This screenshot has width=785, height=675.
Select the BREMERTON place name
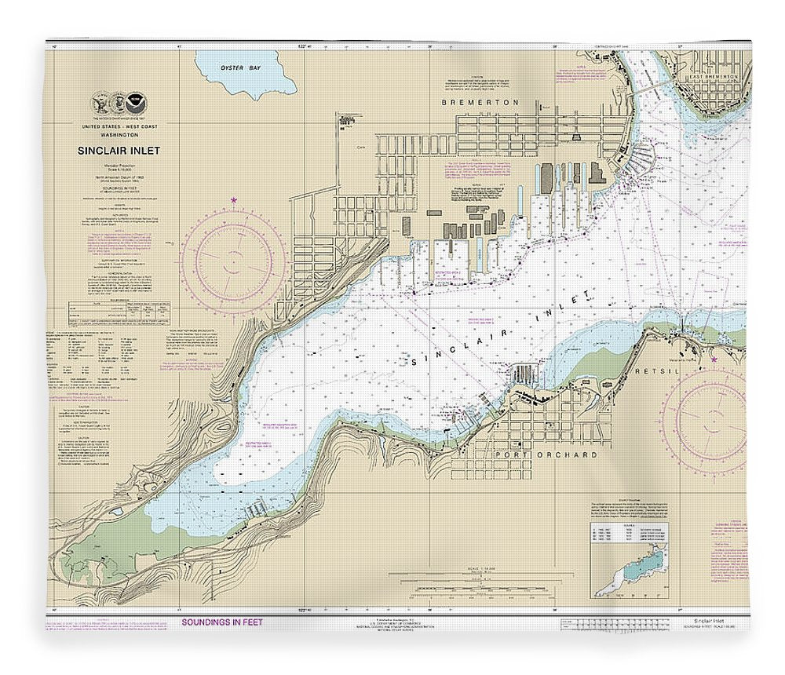pyautogui.click(x=469, y=103)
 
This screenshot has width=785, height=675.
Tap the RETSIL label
pyautogui.click(x=674, y=368)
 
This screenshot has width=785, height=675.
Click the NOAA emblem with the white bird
pyautogui.click(x=139, y=102)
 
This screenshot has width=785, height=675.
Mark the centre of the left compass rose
pyautogui.click(x=233, y=258)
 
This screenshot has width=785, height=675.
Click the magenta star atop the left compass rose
pyautogui.click(x=234, y=202)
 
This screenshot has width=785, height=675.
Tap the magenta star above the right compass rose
pyautogui.click(x=715, y=360)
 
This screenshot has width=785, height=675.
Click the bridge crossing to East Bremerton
pyautogui.click(x=652, y=89)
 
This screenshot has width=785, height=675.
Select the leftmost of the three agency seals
pyautogui.click(x=100, y=102)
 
